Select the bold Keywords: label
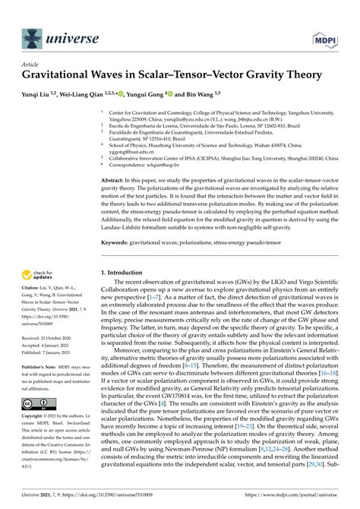(x=118, y=264)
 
